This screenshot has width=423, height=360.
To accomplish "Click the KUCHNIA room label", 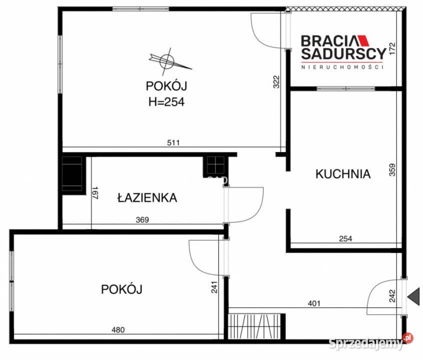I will (x=343, y=174).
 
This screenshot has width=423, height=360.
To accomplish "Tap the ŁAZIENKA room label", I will (x=147, y=197).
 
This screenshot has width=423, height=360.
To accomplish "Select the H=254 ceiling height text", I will (x=166, y=102).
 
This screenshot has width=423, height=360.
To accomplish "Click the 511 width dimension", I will (x=173, y=143).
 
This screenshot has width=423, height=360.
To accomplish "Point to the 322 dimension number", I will (x=276, y=82).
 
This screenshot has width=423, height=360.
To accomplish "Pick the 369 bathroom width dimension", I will (x=142, y=219).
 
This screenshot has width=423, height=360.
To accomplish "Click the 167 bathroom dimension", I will (x=95, y=193).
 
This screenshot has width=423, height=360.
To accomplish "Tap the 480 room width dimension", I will (x=117, y=329).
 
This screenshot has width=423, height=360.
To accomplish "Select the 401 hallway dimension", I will (x=313, y=303).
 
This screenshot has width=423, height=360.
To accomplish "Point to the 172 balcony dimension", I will (x=392, y=49).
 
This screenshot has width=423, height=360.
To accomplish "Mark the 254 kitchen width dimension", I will (x=345, y=239).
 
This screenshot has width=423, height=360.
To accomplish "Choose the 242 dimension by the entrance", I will (x=392, y=297).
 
